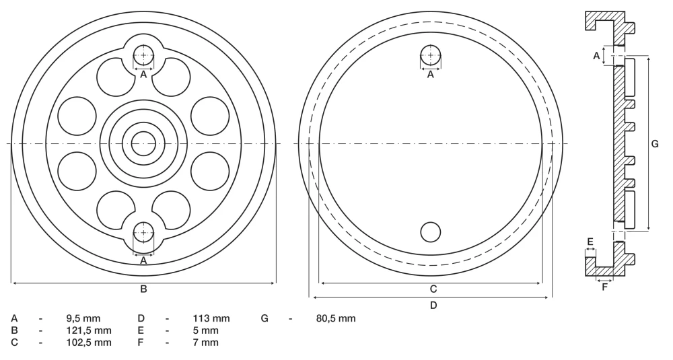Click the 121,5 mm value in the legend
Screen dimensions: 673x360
coord(89,330)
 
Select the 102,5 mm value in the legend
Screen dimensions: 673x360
coord(89,343)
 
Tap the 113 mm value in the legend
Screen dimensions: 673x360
coord(211,318)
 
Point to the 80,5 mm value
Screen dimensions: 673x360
coord(335,318)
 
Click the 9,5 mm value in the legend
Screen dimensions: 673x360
coord(83,318)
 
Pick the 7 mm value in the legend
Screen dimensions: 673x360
coord(205,343)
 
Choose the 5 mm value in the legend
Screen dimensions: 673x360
coord(205,330)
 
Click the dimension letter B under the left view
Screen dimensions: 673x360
coord(144,289)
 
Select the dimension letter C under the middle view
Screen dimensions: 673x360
coord(433,289)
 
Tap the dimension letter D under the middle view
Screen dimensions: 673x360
coord(433,305)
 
